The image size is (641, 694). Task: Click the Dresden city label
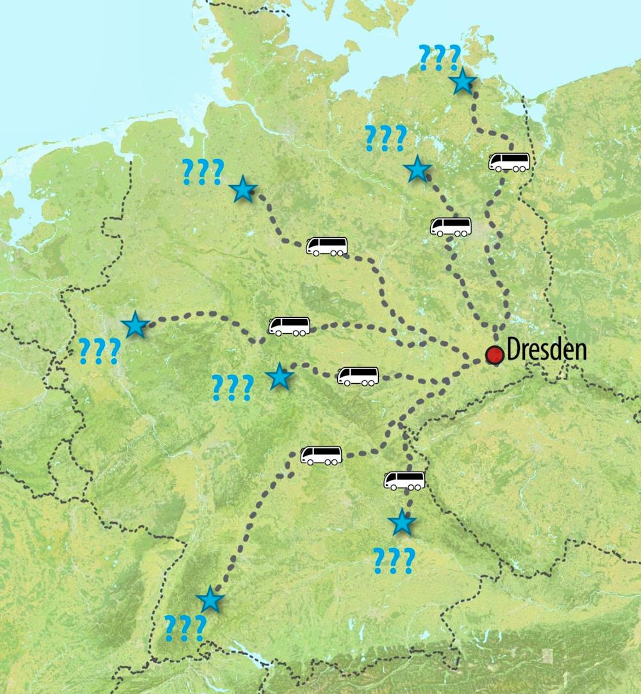546,351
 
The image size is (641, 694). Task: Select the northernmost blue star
462,83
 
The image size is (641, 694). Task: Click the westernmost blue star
135,326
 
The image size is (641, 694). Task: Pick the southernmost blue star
210,600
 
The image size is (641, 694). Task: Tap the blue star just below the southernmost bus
402,523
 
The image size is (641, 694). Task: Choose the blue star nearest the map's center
279,377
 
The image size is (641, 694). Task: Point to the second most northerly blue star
417,169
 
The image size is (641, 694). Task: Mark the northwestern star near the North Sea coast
243,190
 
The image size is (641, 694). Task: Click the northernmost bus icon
509,162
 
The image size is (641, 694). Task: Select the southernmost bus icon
404,481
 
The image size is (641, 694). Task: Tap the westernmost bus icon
288,326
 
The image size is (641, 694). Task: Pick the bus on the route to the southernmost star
321,456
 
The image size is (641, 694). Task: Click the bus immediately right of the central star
358,376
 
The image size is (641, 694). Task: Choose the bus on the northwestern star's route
327,247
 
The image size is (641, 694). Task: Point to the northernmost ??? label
439,58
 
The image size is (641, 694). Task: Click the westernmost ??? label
99,351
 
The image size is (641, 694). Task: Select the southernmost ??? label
185,629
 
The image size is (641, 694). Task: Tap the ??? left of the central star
232,388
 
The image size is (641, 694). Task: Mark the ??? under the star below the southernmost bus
393,561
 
